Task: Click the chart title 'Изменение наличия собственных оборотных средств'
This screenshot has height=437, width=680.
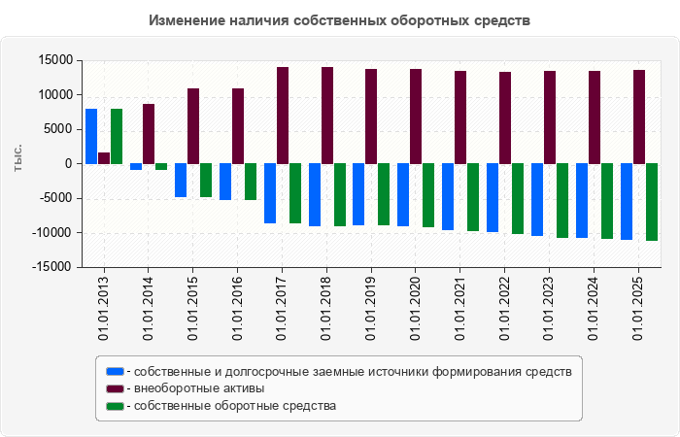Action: coord(340,20)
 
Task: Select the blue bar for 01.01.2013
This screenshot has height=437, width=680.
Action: coord(91,136)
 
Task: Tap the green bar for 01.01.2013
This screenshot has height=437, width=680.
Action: coord(117,136)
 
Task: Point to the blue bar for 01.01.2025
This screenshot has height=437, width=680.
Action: coord(627,201)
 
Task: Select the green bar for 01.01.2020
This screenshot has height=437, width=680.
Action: coord(428,195)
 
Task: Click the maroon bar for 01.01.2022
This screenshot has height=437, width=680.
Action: coord(505,118)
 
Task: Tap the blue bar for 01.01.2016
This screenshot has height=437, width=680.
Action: coord(225,182)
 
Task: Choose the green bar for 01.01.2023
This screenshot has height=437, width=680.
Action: coord(561,200)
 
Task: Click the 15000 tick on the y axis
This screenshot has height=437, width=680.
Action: coord(55,60)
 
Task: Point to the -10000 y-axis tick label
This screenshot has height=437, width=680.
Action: coord(52,232)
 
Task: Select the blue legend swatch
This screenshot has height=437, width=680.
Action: coord(116,372)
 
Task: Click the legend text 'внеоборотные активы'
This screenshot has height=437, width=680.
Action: coord(199,388)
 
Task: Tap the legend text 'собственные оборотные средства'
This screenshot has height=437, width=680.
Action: coord(235,406)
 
